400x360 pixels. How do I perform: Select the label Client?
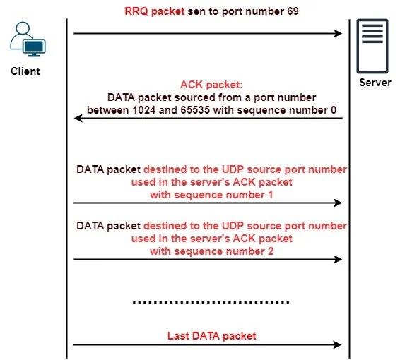(25, 71)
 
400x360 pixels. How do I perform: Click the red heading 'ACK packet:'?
(211, 84)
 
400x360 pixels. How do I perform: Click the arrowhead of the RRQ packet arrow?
(339, 33)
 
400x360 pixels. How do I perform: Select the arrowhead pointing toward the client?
(78, 119)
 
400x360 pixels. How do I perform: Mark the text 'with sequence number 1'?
(211, 193)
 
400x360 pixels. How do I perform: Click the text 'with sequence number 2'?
(211, 251)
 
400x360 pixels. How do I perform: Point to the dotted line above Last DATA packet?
(211, 303)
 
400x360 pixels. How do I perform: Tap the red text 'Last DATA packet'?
(211, 335)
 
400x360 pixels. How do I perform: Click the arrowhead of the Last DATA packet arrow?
(339, 345)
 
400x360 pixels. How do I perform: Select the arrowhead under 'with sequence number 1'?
(339, 203)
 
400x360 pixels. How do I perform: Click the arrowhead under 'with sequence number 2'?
(339, 259)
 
